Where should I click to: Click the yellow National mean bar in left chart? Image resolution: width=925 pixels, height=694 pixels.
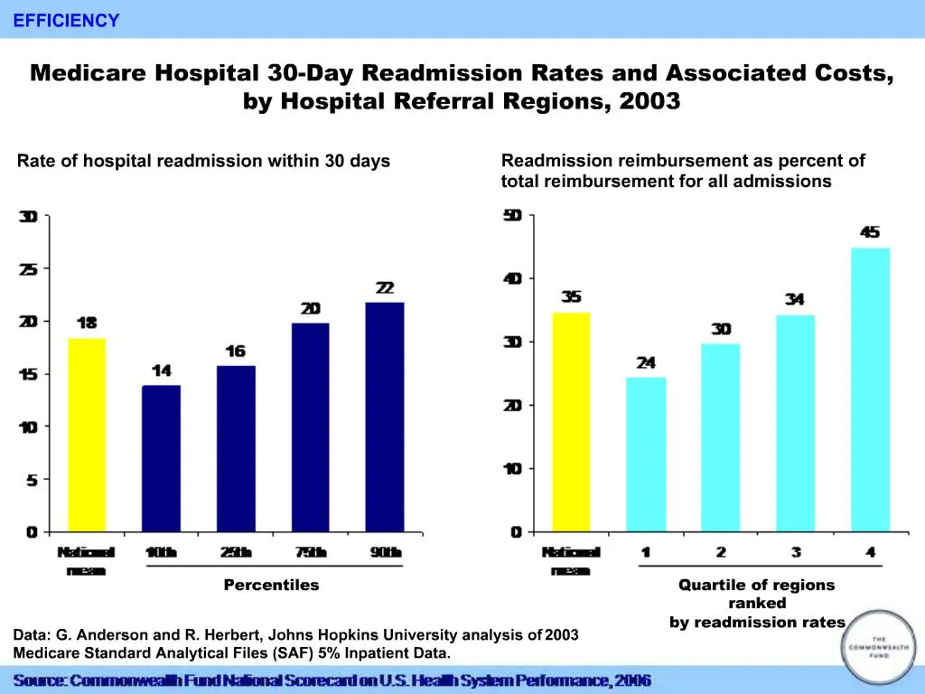point(87,435)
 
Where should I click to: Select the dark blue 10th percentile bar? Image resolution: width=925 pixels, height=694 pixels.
point(161,458)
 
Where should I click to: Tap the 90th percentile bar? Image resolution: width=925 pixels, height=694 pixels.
point(385,417)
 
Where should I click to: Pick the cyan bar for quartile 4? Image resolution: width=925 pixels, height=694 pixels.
point(870,389)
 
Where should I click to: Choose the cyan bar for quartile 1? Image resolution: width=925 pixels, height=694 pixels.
point(646,455)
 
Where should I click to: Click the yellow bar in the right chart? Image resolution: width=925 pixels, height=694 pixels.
point(571,422)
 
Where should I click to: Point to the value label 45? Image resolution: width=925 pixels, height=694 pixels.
point(870,233)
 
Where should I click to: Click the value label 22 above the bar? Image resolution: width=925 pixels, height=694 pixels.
point(385,288)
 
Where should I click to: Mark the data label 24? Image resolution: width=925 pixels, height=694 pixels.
point(646,363)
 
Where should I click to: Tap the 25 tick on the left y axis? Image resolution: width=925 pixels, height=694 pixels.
point(30,269)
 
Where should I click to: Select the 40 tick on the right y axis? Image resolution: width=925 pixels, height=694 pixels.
point(512,279)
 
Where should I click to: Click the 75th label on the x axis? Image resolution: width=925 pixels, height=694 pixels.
point(310,552)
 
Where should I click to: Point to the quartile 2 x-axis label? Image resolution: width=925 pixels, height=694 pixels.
point(721,552)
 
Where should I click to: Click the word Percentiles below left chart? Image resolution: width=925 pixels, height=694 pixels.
point(271,585)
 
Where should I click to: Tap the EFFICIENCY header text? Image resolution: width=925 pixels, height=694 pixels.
point(66,21)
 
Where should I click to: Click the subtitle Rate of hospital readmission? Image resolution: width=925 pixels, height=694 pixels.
point(203,161)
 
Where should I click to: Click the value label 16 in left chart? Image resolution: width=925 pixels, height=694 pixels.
point(236,352)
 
